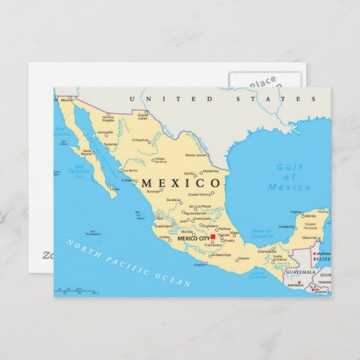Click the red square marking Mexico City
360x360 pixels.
(x=213, y=238)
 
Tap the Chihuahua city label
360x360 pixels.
(x=139, y=140)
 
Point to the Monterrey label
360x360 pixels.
(x=211, y=171)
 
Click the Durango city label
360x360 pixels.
(x=152, y=193)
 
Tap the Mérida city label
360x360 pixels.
(x=310, y=215)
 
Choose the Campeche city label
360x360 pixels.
(x=287, y=226)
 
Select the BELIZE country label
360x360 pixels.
(x=321, y=259)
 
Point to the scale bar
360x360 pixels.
(x=75, y=291)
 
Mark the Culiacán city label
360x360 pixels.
(x=128, y=180)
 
